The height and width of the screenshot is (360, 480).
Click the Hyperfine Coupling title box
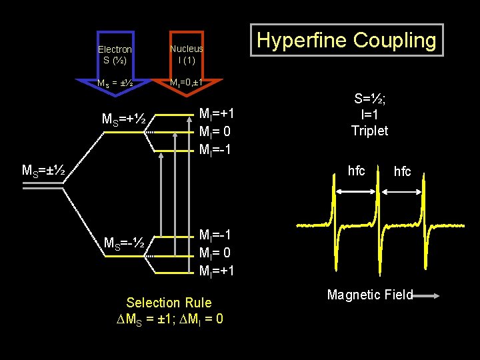pyautogui.click(x=347, y=40)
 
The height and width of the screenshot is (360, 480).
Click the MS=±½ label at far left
pyautogui.click(x=43, y=171)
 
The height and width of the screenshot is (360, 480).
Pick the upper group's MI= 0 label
pyautogui.click(x=215, y=131)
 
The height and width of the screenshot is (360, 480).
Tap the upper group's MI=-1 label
pyautogui.click(x=215, y=148)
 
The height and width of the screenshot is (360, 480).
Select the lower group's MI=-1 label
pyautogui.click(x=215, y=235)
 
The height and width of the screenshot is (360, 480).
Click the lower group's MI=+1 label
pyautogui.click(x=216, y=271)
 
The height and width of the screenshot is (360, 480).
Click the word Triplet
pyautogui.click(x=369, y=131)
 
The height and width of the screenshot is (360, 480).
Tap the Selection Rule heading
pyautogui.click(x=169, y=303)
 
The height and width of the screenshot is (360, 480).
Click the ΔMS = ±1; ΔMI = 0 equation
pyautogui.click(x=169, y=319)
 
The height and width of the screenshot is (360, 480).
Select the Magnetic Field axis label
pyautogui.click(x=371, y=295)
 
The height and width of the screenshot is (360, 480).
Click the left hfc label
pyautogui.click(x=357, y=171)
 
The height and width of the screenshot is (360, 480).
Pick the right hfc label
pyautogui.click(x=402, y=172)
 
